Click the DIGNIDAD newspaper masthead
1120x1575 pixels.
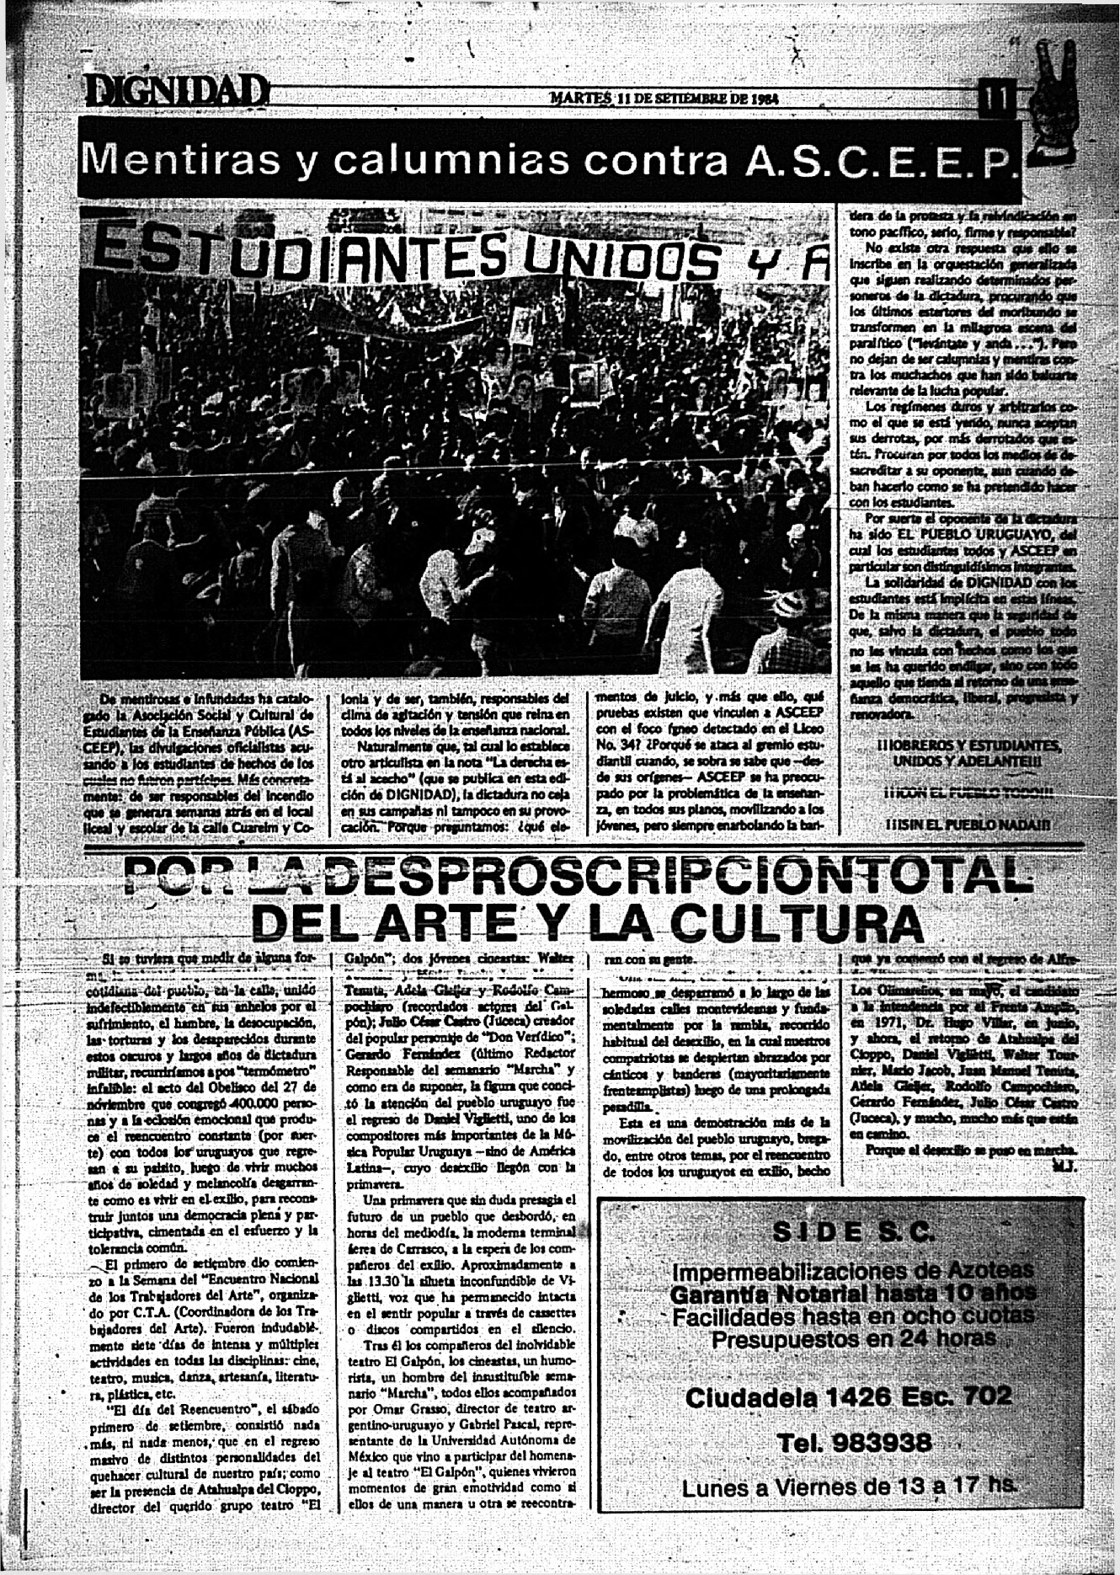click(x=175, y=91)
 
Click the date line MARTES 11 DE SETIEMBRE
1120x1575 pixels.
click(x=664, y=98)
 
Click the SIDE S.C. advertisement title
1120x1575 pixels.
click(x=852, y=1232)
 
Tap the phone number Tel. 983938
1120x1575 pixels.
click(x=854, y=1443)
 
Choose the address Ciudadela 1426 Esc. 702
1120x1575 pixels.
click(x=848, y=1397)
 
